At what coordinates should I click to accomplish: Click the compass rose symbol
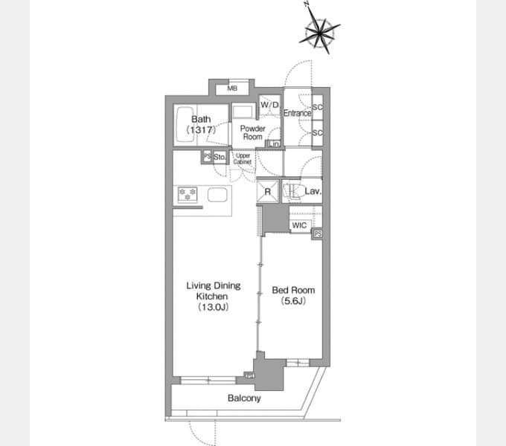point(321,30)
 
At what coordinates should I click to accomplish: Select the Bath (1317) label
point(201,124)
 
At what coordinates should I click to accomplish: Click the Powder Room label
point(252,133)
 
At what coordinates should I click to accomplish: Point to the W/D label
point(269,106)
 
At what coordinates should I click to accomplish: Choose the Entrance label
point(297,113)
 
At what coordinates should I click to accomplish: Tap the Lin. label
point(274,143)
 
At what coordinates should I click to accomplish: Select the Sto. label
point(220,157)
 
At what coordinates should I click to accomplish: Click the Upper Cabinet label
point(243,158)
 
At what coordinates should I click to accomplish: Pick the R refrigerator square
point(268,191)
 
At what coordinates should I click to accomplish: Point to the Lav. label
point(313,192)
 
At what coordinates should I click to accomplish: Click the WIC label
point(299,225)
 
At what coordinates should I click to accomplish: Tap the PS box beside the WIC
point(318,234)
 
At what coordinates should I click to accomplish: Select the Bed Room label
point(289,295)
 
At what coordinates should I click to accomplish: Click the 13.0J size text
point(212,306)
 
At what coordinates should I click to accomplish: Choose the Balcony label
point(244,398)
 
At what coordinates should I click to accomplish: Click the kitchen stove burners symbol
point(186,195)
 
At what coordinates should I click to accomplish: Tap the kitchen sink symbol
point(217,195)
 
